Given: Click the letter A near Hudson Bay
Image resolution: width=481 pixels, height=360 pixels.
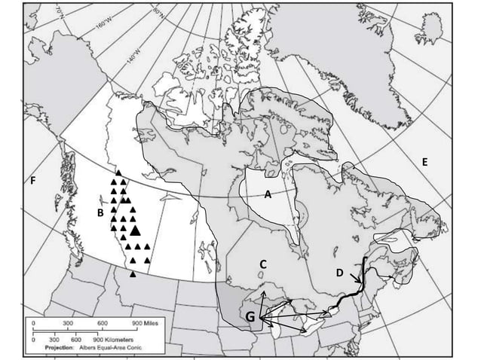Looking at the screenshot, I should (x=267, y=194).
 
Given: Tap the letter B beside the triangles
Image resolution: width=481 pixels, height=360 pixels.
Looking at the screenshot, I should (x=100, y=214).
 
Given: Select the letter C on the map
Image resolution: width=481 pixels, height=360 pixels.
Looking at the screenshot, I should (x=264, y=264).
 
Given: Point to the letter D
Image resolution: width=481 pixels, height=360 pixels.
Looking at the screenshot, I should (x=339, y=272).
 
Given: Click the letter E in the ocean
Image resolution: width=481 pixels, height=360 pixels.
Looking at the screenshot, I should (x=425, y=162).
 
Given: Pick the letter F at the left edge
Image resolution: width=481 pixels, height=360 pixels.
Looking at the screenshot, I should (x=33, y=181).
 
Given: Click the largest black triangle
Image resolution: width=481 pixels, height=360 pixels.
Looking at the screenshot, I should (x=134, y=229).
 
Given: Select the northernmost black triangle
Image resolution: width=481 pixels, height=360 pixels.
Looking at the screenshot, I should (x=118, y=173).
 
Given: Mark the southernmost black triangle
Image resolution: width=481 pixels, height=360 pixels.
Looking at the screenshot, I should (x=133, y=274).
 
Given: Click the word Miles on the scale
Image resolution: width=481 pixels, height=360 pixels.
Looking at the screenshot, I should (x=149, y=322).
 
